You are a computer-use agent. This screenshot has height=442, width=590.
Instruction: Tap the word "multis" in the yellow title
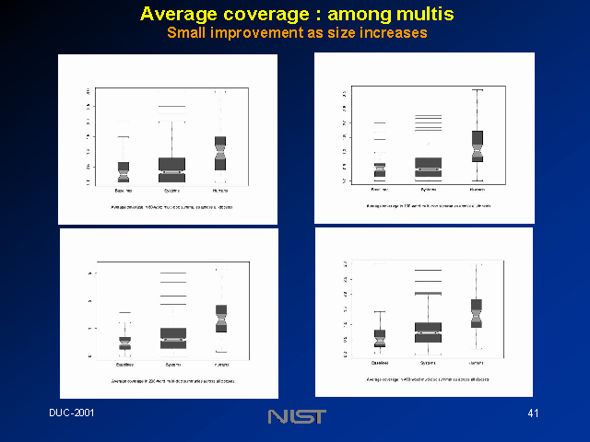(x=419, y=15)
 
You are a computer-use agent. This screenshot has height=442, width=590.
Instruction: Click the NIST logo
(x=296, y=417)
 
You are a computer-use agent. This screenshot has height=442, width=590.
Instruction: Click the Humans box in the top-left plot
(x=221, y=153)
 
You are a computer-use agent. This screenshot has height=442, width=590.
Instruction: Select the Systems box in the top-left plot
(x=172, y=169)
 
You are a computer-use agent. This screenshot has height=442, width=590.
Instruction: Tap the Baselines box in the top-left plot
(x=124, y=172)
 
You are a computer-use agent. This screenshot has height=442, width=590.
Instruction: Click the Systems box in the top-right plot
(x=428, y=168)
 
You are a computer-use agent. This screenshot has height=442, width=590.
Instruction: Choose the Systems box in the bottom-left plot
(x=172, y=338)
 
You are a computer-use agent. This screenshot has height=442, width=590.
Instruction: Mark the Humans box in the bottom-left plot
(x=221, y=318)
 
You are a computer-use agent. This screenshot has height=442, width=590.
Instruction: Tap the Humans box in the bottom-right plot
(x=477, y=313)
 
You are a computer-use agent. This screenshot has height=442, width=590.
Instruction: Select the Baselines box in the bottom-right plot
(x=379, y=338)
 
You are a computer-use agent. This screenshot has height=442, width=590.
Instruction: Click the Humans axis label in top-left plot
(x=221, y=192)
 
